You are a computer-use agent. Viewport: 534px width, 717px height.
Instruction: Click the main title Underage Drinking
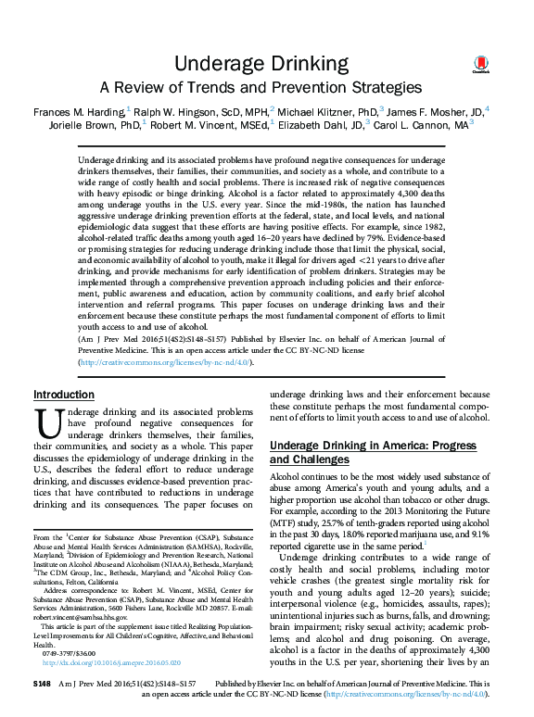click(266, 63)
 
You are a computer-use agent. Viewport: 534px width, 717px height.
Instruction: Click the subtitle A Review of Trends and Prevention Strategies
click(266, 88)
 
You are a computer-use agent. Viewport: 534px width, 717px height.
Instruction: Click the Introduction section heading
click(63, 395)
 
